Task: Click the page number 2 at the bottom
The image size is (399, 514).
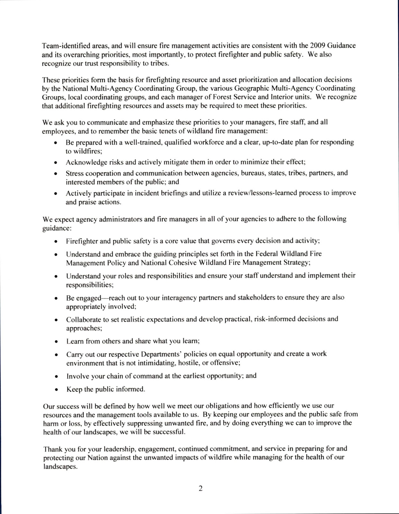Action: coord(200,489)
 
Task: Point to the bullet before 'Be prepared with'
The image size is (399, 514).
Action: coord(56,143)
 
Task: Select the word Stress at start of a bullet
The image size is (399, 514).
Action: coord(74,173)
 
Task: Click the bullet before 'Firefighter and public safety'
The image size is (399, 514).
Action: coord(56,241)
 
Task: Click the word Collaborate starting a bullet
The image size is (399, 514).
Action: coord(83,320)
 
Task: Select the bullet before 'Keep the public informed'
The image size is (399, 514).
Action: coord(56,390)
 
